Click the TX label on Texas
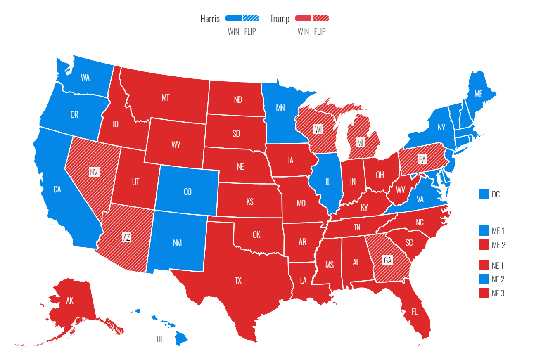[x=238, y=281]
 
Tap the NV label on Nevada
[x=94, y=172]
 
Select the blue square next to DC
[x=484, y=194]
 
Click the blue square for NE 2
[x=484, y=279]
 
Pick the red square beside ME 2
[x=484, y=245]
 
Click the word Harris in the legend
[x=210, y=19]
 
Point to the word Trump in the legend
[x=280, y=19]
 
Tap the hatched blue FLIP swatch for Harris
[x=251, y=18]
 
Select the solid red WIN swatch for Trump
[x=303, y=18]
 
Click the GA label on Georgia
[x=388, y=260]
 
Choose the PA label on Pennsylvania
[x=422, y=159]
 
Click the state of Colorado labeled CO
[x=187, y=192]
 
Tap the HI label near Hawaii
[x=159, y=339]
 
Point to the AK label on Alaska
[x=69, y=301]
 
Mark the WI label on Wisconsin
[x=318, y=130]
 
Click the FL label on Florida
[x=415, y=311]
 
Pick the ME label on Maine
[x=478, y=94]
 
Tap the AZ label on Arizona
[x=126, y=237]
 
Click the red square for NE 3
[x=484, y=293]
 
